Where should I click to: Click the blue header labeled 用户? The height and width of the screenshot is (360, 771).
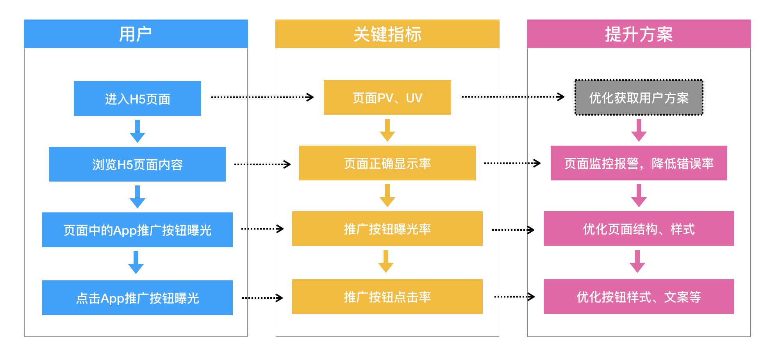[136, 34]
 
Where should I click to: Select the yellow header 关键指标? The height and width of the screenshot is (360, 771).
[387, 34]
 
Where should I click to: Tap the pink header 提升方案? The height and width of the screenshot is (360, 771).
[639, 34]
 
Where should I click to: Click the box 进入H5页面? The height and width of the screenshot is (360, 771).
[137, 99]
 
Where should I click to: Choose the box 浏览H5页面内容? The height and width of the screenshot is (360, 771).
[137, 164]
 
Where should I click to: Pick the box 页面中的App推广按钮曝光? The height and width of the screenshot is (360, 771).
[137, 230]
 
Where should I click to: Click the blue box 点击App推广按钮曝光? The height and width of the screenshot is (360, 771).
[137, 298]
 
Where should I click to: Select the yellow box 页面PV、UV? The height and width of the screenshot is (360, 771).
[387, 98]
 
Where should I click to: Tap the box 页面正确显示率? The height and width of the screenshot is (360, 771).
[387, 163]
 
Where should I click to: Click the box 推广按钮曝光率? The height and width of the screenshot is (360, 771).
[387, 229]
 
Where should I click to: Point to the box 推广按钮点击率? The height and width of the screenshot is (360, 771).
[387, 297]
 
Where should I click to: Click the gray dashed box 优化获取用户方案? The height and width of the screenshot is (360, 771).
[639, 98]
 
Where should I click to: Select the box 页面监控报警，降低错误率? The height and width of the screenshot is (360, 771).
[639, 163]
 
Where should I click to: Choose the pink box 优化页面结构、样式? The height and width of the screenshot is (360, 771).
[639, 229]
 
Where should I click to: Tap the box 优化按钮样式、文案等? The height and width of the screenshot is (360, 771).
[639, 297]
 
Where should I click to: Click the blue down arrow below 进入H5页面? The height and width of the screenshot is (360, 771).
[137, 132]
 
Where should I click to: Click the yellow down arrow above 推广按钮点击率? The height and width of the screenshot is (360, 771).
[385, 262]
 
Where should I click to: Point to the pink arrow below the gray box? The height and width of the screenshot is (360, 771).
[639, 130]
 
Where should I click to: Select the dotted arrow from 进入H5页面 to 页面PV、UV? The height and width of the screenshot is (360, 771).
[262, 97]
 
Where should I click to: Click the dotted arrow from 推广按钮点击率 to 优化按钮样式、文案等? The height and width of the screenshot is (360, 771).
[514, 297]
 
